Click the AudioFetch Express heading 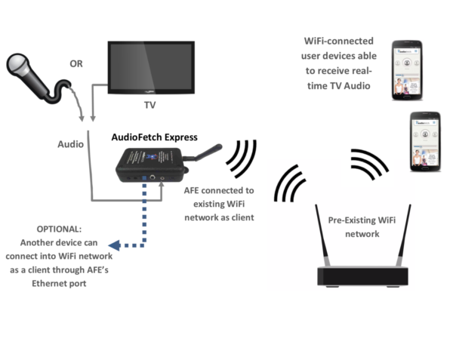[x=154, y=137]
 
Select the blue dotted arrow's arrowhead [x=113, y=245]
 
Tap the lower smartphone [x=424, y=143]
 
